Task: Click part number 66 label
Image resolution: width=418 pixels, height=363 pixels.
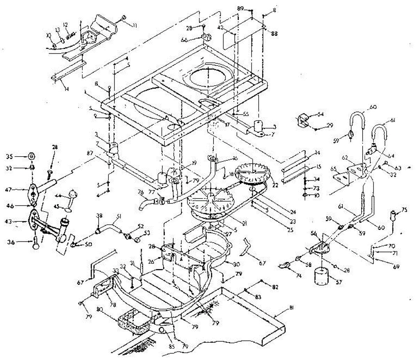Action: (194, 40)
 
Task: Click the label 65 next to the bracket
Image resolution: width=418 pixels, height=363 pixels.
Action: (333, 169)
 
